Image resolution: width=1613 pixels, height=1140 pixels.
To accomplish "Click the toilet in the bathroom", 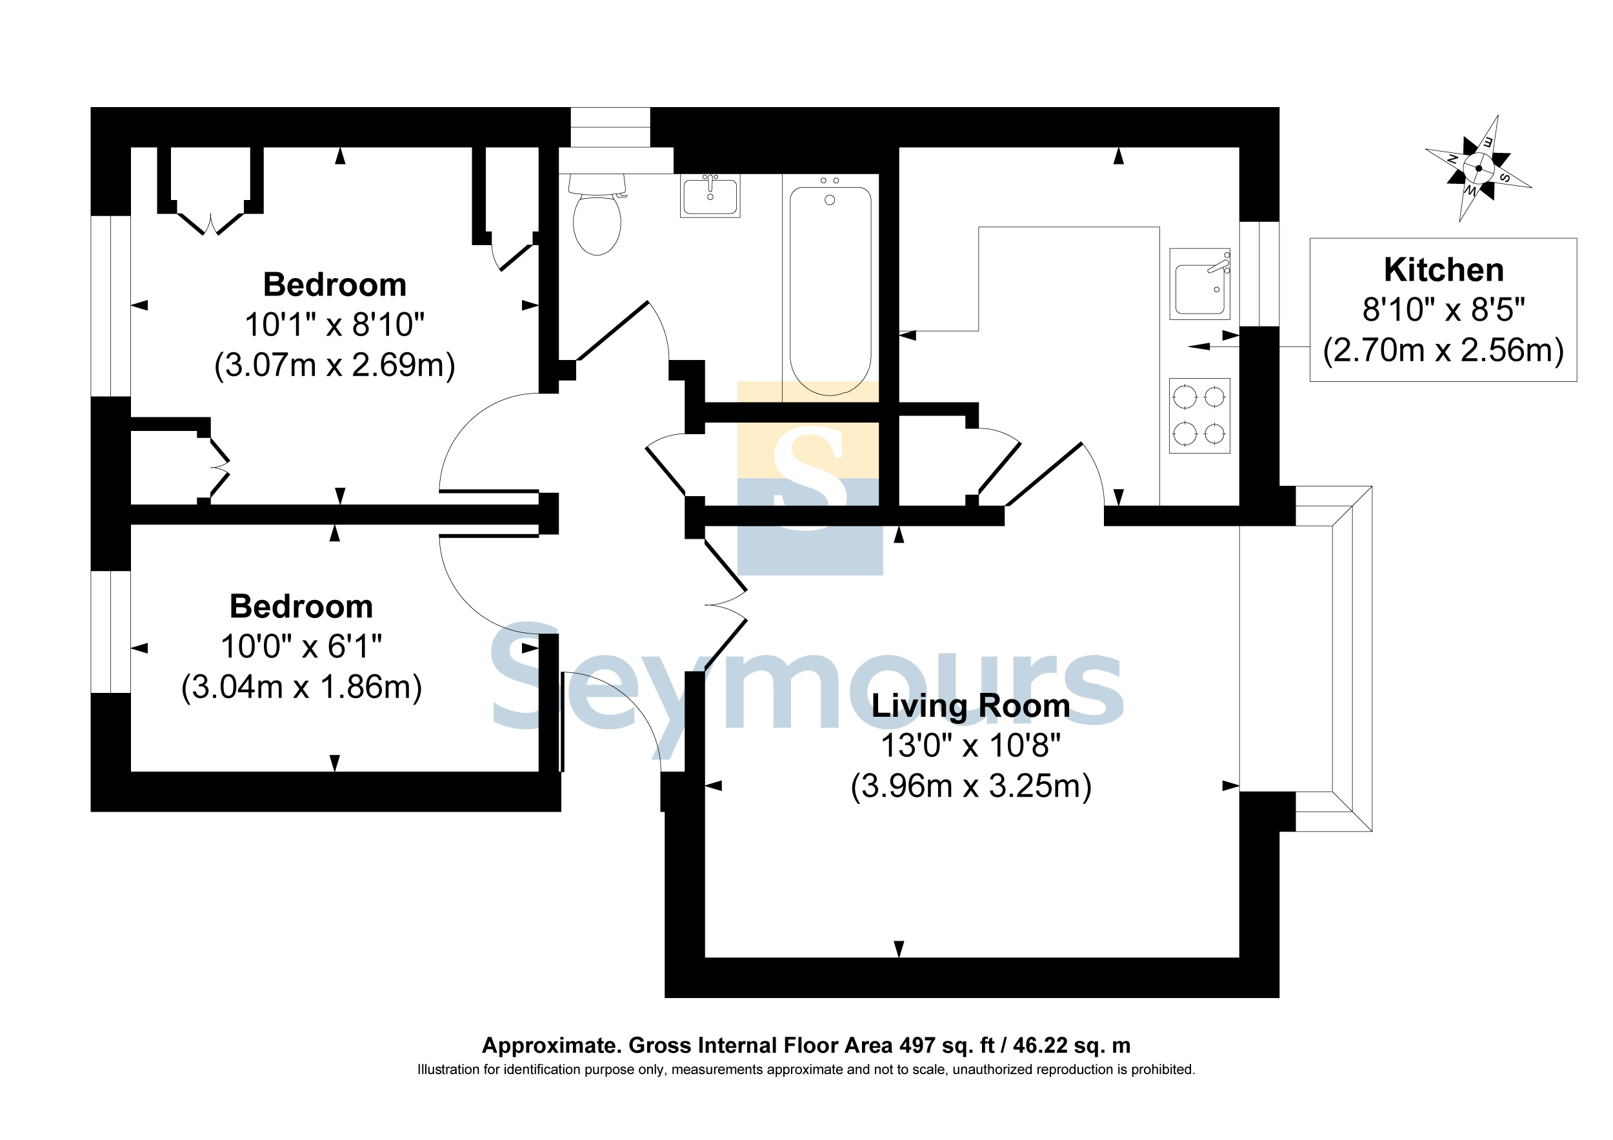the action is tap(597, 214).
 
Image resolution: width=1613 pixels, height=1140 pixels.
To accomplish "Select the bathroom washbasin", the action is tap(710, 195).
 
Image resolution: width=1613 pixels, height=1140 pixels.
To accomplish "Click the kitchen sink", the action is tap(1200, 284).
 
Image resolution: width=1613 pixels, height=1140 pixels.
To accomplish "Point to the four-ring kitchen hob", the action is tap(1200, 416).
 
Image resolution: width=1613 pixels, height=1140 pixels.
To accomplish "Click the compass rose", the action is tap(1478, 168).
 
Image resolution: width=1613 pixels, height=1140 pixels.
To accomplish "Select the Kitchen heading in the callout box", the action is tap(1444, 270).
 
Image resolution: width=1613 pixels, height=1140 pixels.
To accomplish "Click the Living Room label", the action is tap(971, 706).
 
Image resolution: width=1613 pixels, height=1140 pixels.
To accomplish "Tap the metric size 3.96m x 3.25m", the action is tap(971, 786).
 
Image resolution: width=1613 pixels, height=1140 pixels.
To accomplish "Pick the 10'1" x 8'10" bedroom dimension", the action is tap(334, 325).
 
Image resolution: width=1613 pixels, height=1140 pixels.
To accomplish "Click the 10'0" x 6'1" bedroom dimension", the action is tap(301, 646).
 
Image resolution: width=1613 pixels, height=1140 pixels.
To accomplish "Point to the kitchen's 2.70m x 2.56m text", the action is tap(1444, 350).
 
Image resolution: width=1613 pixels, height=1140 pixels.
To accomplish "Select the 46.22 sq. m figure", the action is tap(1072, 1046).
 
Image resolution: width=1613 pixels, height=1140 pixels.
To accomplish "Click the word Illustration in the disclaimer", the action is tap(449, 1070).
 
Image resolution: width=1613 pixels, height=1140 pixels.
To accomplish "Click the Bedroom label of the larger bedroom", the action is tap(334, 285).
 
